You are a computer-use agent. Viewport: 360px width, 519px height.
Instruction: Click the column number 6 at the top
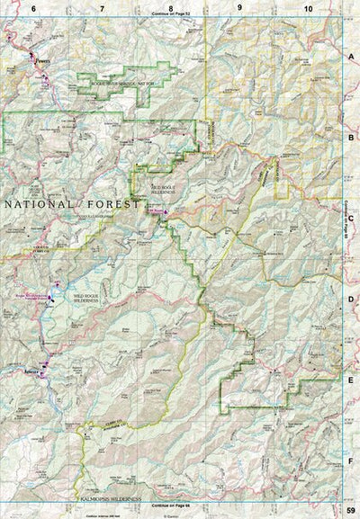(33, 7)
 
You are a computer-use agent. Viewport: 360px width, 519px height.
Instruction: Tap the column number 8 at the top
(170, 7)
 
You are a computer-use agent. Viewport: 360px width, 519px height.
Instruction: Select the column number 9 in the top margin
(239, 7)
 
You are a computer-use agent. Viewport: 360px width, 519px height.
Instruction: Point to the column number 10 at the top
(308, 7)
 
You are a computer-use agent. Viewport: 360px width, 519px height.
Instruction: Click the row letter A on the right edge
(351, 56)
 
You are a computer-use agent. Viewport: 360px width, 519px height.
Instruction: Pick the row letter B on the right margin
(351, 138)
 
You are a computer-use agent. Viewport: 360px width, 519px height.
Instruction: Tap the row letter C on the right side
(351, 218)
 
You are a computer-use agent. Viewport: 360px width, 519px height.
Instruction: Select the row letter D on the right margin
(351, 299)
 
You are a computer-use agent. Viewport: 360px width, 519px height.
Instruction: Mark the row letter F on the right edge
(351, 460)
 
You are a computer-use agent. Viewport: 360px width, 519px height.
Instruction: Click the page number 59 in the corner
(351, 511)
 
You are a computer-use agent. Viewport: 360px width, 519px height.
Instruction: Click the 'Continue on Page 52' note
(171, 14)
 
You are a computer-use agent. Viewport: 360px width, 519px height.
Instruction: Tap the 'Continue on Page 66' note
(171, 506)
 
